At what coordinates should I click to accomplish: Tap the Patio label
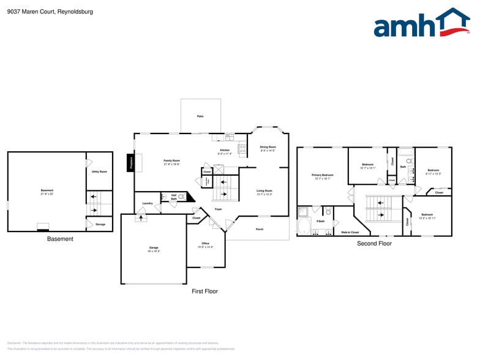tap(200, 116)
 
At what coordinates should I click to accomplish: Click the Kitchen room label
tap(225, 151)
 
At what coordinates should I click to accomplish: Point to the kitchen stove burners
tap(242, 148)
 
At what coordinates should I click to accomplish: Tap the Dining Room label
tap(268, 147)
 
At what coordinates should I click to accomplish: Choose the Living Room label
tap(264, 191)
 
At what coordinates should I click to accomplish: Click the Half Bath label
tap(174, 197)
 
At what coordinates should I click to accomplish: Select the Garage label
tap(153, 248)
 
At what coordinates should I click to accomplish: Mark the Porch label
tap(259, 230)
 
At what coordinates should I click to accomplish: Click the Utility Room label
tap(99, 171)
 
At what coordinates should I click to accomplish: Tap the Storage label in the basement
tap(100, 224)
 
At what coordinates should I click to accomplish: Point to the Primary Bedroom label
tap(323, 175)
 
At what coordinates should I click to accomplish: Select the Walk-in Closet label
tap(350, 232)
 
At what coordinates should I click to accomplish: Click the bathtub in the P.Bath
tap(304, 227)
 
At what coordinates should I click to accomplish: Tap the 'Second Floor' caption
tap(374, 244)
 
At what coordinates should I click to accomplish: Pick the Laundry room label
tap(147, 203)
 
